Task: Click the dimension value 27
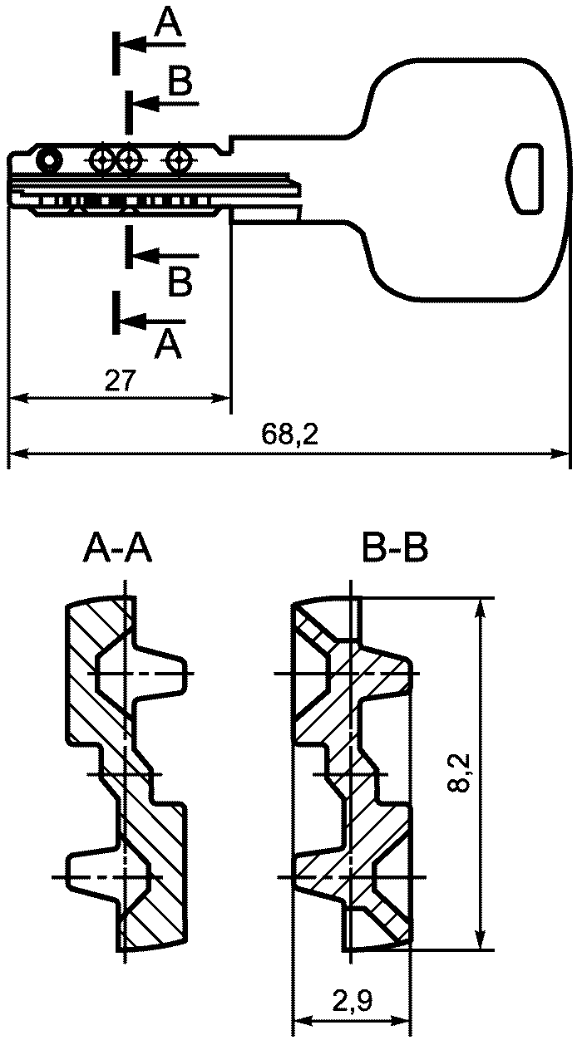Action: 121,380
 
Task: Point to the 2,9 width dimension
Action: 353,1002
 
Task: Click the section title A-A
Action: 117,548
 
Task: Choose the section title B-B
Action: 395,548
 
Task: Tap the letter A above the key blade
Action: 168,23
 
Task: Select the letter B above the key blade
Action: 180,81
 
